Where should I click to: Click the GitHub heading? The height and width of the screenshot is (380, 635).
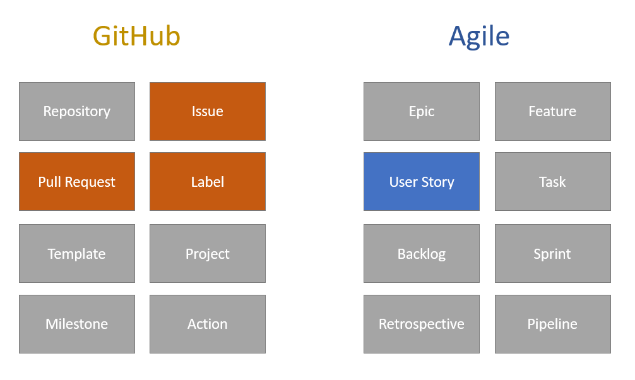point(136,37)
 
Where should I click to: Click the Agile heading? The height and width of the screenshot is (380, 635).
point(479,37)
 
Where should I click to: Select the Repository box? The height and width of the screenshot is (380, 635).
point(77,111)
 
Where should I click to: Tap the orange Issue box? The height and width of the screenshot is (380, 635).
point(208,111)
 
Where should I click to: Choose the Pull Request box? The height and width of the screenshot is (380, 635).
point(77,182)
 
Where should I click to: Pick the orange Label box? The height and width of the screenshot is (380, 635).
point(208,182)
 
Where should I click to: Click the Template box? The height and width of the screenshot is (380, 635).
point(77,254)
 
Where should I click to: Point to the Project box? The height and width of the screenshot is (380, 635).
point(208,254)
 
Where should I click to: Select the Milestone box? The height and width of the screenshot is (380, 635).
point(77,324)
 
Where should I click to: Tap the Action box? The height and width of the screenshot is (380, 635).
point(208,324)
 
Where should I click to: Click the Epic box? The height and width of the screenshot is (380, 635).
point(422,111)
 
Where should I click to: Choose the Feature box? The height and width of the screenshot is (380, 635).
point(552,111)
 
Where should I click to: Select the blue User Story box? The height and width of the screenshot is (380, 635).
point(422,182)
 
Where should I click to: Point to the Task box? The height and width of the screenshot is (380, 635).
point(552,182)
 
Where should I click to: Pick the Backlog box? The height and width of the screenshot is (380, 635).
point(422,254)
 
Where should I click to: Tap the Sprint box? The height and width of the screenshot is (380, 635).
point(552,254)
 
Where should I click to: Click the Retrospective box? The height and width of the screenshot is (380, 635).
point(422,324)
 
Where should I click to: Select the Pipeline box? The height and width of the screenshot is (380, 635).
point(552,324)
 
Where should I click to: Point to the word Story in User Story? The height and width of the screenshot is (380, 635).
point(437,182)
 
